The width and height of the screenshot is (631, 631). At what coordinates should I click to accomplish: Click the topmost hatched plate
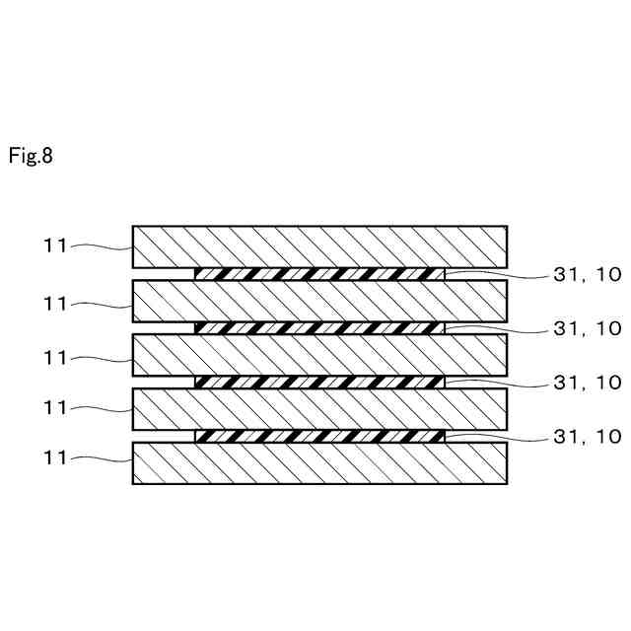click(x=320, y=246)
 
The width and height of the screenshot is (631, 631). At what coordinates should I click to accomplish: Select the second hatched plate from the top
click(x=320, y=301)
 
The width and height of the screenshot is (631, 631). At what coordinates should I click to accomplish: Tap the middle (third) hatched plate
click(x=320, y=355)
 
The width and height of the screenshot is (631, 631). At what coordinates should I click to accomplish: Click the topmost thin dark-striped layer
click(x=320, y=273)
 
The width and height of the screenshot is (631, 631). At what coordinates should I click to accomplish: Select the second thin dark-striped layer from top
click(x=320, y=327)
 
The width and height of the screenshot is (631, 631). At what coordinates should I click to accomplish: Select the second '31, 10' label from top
click(x=586, y=328)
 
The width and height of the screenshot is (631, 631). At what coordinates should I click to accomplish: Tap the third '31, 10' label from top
click(x=586, y=382)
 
